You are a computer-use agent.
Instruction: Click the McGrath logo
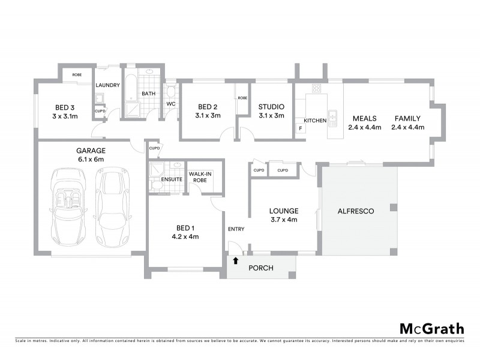tap(431, 328)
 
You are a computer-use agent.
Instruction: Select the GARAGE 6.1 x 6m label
tap(90, 155)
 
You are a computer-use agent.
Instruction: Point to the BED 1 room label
tap(185, 232)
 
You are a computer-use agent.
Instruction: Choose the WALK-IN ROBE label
tap(199, 176)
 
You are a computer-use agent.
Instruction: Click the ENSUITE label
tap(172, 179)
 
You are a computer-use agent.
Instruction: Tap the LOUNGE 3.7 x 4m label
tap(284, 215)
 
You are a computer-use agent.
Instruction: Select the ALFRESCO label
tap(356, 211)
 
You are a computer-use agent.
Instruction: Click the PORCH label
tap(262, 268)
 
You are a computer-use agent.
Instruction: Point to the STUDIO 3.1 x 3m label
tap(271, 111)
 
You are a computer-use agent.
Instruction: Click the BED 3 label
tap(64, 111)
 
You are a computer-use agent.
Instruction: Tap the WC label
tap(170, 104)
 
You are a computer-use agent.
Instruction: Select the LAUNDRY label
tap(108, 85)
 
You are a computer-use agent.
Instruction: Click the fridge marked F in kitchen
tap(300, 128)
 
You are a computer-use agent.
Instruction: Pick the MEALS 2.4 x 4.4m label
tap(364, 122)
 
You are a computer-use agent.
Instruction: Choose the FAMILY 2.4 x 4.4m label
tap(407, 122)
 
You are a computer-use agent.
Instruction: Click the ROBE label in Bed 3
tap(77, 74)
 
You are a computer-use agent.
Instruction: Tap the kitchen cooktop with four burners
tap(316, 88)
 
